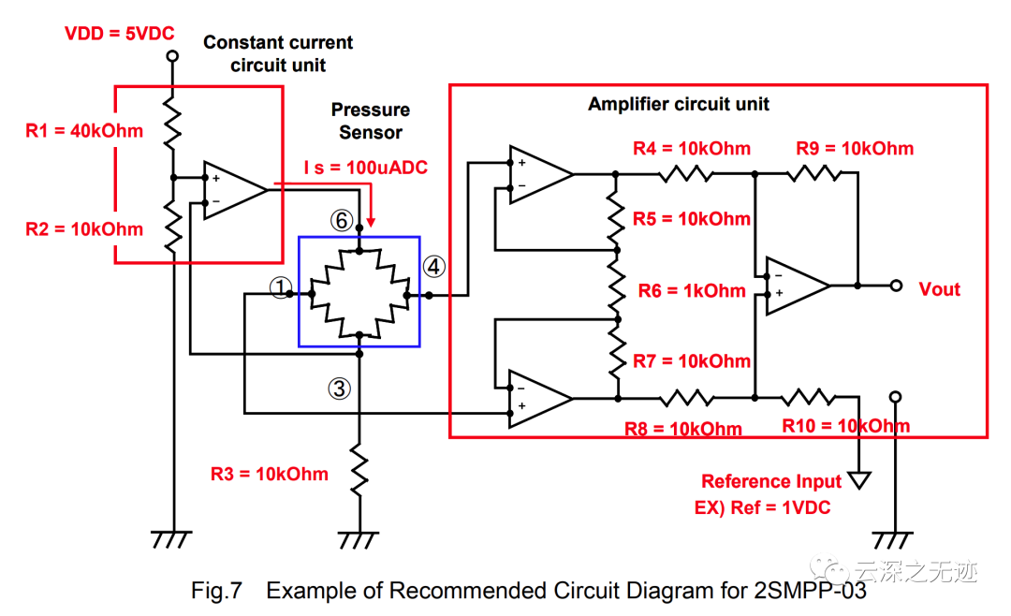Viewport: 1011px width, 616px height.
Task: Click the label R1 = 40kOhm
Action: coord(84,130)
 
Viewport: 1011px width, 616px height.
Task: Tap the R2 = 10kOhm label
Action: coord(84,229)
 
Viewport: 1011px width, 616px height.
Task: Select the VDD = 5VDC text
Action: coord(120,35)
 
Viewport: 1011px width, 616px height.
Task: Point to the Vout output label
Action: coord(939,289)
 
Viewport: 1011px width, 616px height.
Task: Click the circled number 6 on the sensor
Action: coord(341,220)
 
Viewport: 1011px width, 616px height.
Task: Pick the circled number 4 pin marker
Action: coord(433,266)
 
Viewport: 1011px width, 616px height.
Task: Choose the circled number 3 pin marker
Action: coord(339,388)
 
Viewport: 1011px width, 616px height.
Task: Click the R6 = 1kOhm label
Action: coord(692,291)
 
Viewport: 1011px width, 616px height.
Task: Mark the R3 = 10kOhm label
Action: coord(270,474)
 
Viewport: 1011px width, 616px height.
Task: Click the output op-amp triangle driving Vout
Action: coord(797,286)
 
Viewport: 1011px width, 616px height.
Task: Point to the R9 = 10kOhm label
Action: coord(855,149)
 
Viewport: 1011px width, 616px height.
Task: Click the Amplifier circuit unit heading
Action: coord(679,104)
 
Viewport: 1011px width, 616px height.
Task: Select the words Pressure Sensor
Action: coord(371,121)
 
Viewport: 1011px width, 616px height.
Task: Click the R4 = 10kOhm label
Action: coord(691,149)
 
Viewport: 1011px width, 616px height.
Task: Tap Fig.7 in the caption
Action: coord(216,591)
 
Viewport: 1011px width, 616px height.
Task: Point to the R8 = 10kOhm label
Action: coord(683,429)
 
